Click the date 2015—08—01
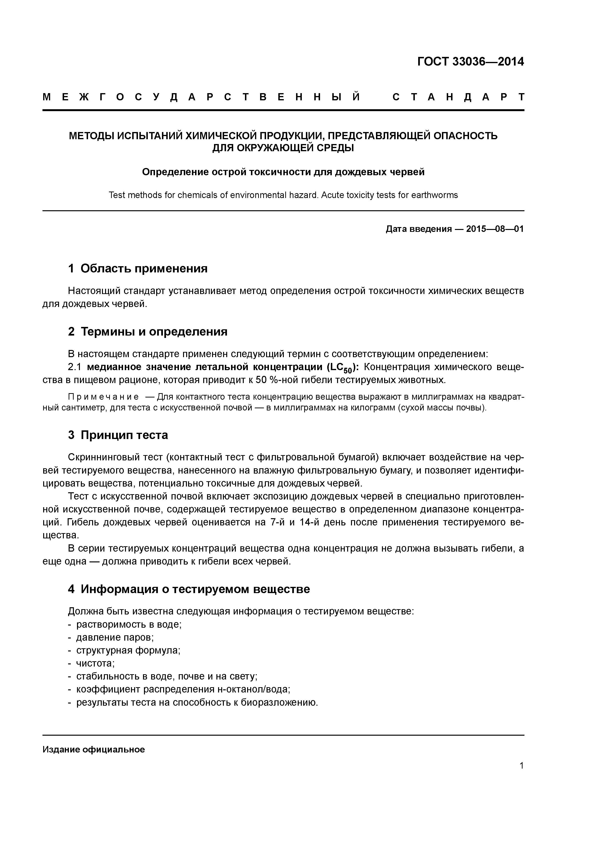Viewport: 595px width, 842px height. pos(494,229)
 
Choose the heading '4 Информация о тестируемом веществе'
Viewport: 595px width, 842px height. pos(189,589)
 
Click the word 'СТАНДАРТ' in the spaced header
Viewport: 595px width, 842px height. pos(458,97)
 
